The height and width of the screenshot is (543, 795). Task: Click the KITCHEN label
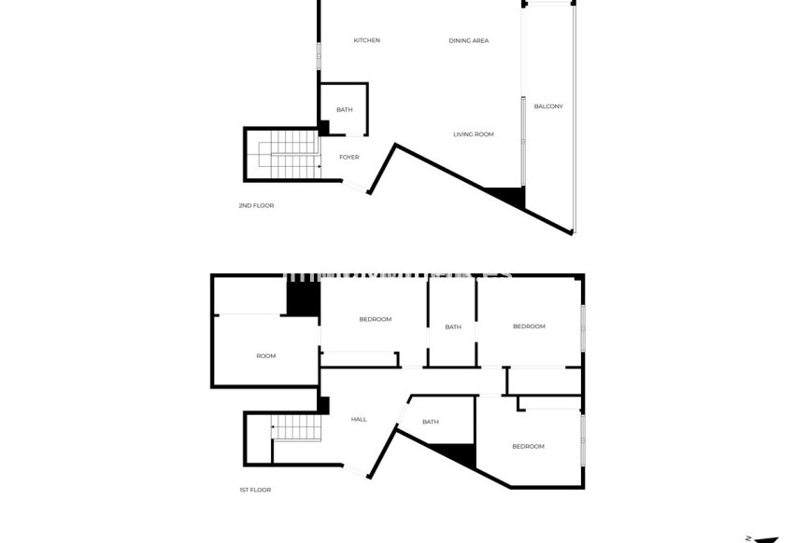366,40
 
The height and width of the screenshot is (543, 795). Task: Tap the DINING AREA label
468,40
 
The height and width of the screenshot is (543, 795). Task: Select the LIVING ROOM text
473,134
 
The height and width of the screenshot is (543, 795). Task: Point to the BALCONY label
548,105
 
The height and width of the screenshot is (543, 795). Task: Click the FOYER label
348,157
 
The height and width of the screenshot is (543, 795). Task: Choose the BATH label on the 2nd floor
345,110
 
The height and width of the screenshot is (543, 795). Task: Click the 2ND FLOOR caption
256,205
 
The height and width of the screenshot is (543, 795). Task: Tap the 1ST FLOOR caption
255,489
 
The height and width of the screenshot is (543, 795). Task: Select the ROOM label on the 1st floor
266,355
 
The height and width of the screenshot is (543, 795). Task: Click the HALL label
358,419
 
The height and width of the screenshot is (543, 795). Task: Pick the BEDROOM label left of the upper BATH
375,319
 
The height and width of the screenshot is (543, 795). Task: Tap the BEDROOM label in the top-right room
528,326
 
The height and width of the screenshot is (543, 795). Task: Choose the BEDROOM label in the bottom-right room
528,446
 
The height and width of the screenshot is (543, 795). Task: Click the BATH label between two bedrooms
452,327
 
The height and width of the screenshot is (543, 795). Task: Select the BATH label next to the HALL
430,422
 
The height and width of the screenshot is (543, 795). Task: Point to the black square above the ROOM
303,299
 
